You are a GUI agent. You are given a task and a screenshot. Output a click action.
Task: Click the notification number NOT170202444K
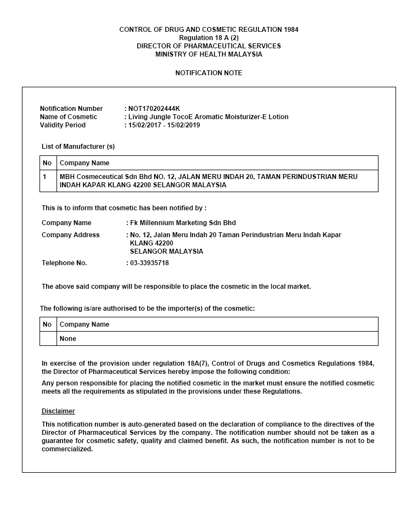coord(154,109)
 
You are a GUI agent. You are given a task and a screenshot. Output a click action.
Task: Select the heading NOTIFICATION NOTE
coord(208,73)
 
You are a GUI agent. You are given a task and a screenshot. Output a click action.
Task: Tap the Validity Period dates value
coord(164,125)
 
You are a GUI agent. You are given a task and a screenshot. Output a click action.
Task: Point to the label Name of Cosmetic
coord(69,117)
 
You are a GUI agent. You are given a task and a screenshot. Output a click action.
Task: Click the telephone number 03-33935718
coord(149,263)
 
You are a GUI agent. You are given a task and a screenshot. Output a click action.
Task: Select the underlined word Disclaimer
coord(58,411)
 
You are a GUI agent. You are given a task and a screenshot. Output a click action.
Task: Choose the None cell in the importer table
coord(68,339)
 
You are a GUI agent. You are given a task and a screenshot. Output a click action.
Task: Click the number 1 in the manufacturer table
coord(45,177)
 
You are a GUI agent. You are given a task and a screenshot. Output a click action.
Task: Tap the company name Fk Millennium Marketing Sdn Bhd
coord(183,223)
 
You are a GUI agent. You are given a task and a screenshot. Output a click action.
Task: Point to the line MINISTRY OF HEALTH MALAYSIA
coord(208,54)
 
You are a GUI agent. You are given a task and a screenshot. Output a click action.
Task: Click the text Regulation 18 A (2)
coord(208,38)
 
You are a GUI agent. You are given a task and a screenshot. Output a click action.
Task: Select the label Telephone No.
coord(64,263)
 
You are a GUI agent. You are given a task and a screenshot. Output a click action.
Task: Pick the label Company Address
coord(71,235)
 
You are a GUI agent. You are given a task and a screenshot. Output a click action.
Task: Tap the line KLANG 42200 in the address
coord(151,243)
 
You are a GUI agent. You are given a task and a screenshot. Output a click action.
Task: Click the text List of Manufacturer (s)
coord(78,147)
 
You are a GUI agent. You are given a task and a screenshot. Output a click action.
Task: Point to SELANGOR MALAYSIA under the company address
coord(166,251)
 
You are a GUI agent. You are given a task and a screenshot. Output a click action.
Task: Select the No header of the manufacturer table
coord(47,163)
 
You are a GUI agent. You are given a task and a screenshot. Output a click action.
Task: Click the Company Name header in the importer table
coord(84,324)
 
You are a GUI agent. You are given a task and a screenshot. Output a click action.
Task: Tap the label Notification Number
coord(71,109)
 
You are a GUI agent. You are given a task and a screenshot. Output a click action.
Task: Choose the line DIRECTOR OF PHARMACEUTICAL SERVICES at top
coord(208,46)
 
